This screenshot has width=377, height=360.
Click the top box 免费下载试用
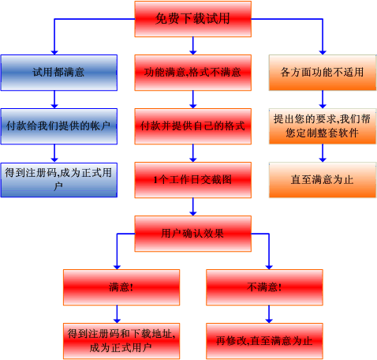tap(193, 19)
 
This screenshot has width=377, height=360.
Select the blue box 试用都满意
tap(59, 73)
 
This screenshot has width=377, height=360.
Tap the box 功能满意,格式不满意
tap(193, 73)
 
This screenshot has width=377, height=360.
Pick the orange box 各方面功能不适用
tap(323, 73)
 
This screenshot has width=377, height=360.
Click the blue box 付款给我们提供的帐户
tap(59, 126)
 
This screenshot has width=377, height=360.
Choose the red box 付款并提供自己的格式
tap(193, 126)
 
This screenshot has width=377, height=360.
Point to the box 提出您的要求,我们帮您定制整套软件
tap(323, 126)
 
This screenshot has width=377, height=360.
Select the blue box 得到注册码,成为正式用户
tap(59, 180)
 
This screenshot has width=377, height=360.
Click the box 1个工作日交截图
tap(193, 180)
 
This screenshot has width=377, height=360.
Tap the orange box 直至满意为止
tap(323, 180)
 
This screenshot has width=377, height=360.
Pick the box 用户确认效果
tap(193, 234)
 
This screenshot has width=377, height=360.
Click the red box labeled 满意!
tap(121, 287)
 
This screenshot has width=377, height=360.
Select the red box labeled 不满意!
tap(264, 287)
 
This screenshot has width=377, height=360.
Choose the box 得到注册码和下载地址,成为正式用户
tap(121, 341)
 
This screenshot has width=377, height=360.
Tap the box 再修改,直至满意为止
tap(264, 341)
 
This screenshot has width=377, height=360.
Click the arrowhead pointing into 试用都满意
tap(54, 52)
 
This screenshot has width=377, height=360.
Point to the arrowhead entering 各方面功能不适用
tap(323, 52)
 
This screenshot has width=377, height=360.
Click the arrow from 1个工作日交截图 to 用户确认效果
tap(193, 207)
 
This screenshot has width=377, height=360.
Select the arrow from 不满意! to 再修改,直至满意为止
tap(269, 314)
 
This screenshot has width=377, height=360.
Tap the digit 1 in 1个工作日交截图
tap(155, 180)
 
